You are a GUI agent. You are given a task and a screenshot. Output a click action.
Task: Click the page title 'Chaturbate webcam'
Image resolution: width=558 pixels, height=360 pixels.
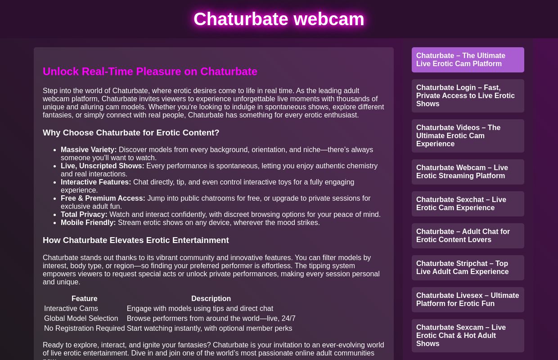click(279, 19)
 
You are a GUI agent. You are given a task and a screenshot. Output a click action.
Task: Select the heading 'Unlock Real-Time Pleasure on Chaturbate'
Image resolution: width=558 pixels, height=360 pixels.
click(150, 72)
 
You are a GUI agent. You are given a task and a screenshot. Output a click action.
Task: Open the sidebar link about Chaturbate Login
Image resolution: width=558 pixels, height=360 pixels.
click(468, 95)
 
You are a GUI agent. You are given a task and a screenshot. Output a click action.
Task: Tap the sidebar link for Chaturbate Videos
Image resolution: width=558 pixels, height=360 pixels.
click(468, 135)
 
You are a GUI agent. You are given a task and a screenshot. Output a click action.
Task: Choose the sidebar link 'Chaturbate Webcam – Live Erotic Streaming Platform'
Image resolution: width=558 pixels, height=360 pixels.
click(468, 171)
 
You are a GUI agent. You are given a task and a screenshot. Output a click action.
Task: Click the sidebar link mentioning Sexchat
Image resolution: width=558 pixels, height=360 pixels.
click(468, 203)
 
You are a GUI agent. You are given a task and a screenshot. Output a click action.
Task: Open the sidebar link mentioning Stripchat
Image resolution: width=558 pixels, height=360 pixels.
click(468, 267)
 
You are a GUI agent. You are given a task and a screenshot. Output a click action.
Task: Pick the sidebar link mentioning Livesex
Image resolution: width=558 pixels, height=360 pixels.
click(468, 299)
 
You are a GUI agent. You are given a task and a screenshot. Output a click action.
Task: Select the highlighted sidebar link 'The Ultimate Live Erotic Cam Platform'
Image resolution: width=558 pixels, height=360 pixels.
click(468, 59)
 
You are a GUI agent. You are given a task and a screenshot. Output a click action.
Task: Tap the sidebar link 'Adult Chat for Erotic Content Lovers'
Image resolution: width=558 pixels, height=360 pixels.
click(468, 235)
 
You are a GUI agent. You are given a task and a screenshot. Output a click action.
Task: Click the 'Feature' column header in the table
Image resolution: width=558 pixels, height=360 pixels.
click(84, 298)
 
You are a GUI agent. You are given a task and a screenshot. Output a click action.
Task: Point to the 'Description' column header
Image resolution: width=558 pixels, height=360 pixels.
click(211, 298)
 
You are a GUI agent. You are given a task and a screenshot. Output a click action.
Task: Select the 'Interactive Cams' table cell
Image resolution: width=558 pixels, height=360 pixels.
click(71, 308)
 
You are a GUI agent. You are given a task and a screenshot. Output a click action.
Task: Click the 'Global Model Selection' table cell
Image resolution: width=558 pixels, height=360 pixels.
click(81, 318)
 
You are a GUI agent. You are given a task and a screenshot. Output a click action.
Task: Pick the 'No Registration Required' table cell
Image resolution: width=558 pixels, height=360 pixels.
click(84, 328)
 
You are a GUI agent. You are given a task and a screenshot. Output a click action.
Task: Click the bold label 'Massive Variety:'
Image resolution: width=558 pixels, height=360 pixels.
click(89, 149)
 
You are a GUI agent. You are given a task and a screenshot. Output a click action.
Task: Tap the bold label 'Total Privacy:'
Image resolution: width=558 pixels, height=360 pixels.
click(84, 214)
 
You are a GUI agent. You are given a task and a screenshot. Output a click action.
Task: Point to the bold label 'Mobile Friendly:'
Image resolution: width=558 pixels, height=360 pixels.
click(88, 222)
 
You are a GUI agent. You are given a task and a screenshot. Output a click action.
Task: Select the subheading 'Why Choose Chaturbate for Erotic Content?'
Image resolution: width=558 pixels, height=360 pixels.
click(131, 133)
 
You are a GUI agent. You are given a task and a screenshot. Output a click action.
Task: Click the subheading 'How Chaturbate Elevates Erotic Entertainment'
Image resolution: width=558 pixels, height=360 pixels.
click(135, 240)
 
